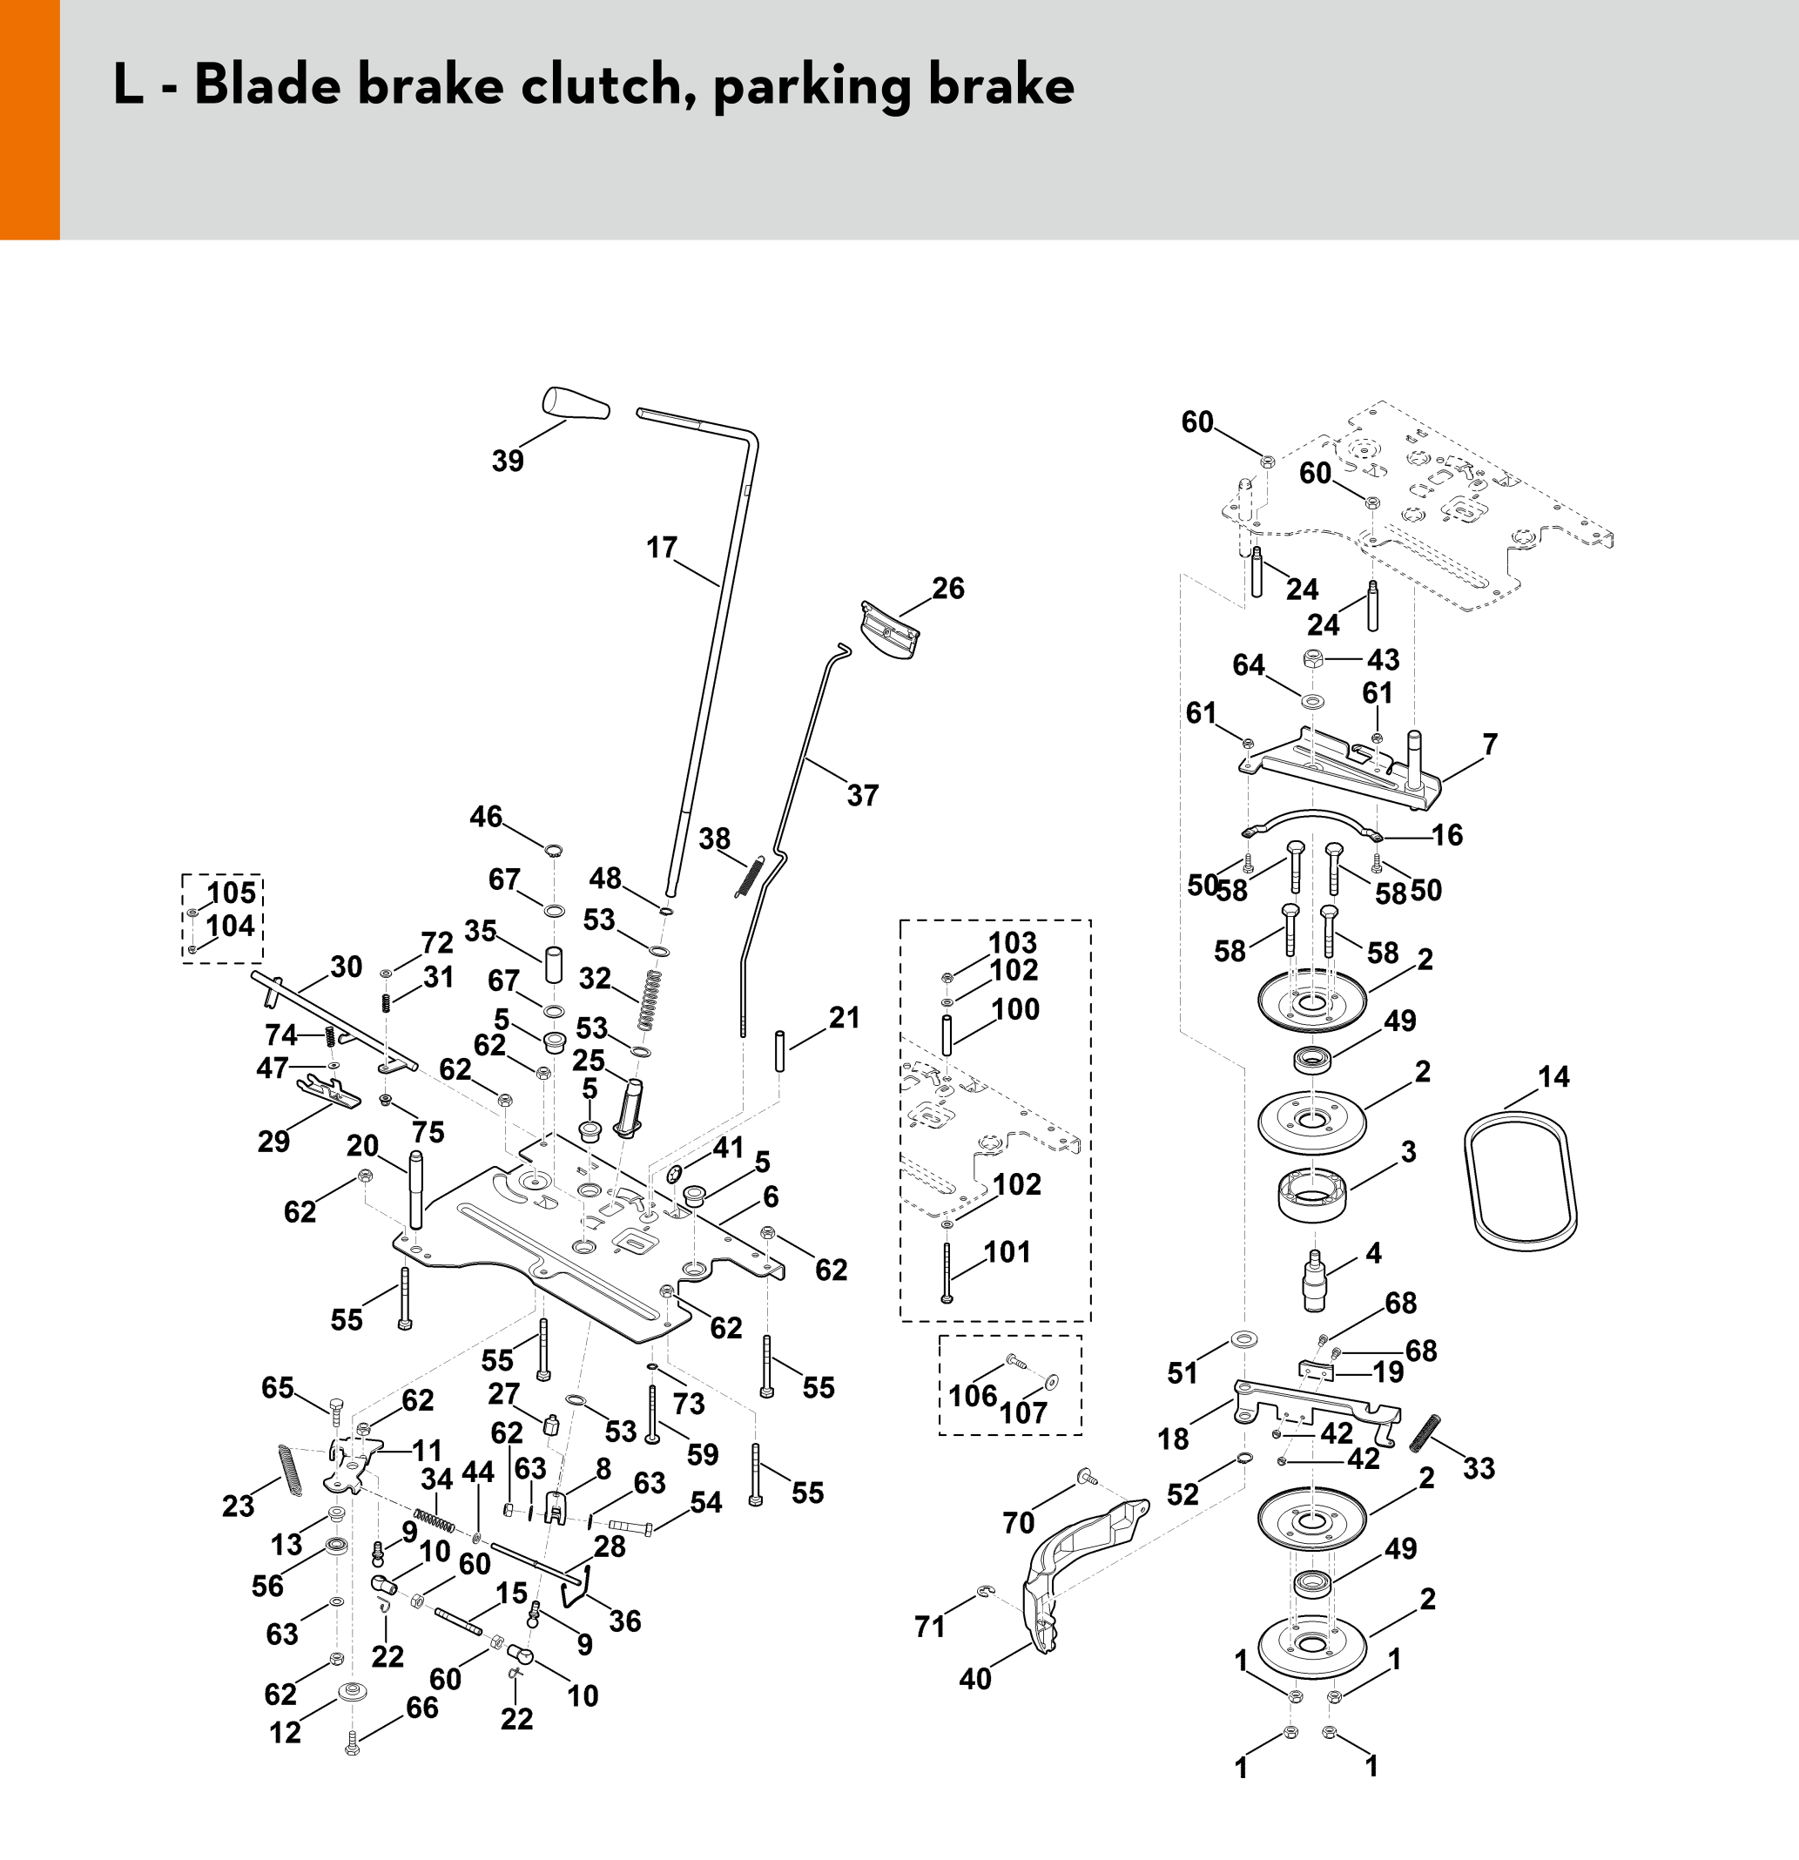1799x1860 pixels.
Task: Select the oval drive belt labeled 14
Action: [1519, 1177]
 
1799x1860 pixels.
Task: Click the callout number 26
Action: [948, 589]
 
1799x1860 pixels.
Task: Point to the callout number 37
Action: [863, 795]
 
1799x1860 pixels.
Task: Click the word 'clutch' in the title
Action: [602, 85]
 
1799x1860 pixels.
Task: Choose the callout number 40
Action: [974, 1679]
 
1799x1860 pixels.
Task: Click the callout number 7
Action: [1490, 745]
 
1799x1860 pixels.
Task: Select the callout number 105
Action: [231, 893]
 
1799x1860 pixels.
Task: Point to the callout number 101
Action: [1007, 1251]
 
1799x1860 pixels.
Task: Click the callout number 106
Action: [973, 1395]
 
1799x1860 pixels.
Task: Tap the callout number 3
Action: [1408, 1151]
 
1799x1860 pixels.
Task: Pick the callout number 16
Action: [1447, 835]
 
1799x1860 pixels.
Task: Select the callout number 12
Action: [285, 1732]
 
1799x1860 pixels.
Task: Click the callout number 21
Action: [844, 1017]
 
